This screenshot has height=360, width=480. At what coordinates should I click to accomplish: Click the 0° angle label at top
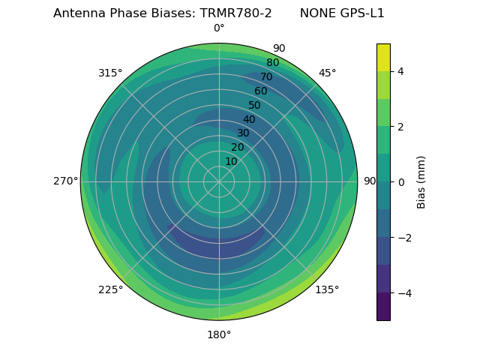pos(219,28)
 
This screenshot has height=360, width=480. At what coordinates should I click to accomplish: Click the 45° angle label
pos(327,73)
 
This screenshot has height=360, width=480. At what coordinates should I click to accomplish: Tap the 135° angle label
pos(327,290)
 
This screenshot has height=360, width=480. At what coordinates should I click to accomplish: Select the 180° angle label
pos(219,334)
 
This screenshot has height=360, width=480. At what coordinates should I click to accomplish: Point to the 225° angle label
pos(110,290)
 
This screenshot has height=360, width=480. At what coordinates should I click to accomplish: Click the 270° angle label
pos(66,181)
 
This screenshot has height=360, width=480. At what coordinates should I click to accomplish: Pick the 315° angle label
pos(110,73)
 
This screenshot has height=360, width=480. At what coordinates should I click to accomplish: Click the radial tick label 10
pos(231,161)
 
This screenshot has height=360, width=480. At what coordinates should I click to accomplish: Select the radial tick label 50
pos(255,106)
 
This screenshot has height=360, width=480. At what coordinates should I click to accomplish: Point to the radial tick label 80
pos(272,63)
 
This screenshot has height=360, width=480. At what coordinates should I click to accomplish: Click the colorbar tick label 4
pos(401,71)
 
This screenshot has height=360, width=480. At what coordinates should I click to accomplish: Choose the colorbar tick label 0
pos(401,182)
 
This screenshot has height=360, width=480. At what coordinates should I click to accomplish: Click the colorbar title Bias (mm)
pos(421,182)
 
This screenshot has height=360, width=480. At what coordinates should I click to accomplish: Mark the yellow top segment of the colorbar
pos(383,57)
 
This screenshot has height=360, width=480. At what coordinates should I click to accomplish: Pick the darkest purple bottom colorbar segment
pos(383,307)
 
